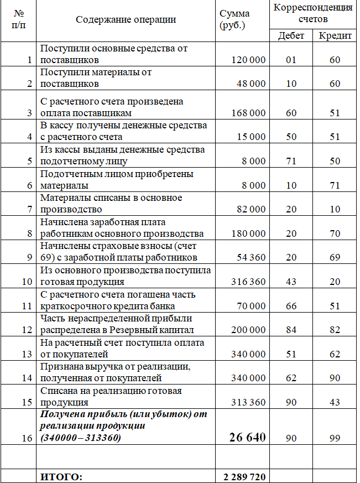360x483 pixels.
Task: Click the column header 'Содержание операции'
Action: pyautogui.click(x=126, y=20)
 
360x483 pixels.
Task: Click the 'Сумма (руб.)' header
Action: pyautogui.click(x=234, y=20)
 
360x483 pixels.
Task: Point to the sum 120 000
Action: pyautogui.click(x=248, y=60)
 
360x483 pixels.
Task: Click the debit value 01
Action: pyautogui.click(x=291, y=60)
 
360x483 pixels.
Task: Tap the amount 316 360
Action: pyautogui.click(x=248, y=282)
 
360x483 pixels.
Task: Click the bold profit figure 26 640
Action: pyautogui.click(x=247, y=438)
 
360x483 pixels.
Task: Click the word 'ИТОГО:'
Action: pyautogui.click(x=61, y=477)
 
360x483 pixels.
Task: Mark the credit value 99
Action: pyautogui.click(x=335, y=438)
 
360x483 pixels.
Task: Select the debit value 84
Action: pyautogui.click(x=291, y=330)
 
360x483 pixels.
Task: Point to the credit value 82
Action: pyautogui.click(x=335, y=330)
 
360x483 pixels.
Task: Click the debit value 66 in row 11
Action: pyautogui.click(x=291, y=306)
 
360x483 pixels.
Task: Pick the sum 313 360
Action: pyautogui.click(x=248, y=402)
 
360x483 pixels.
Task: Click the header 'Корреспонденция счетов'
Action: pyautogui.click(x=313, y=13)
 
